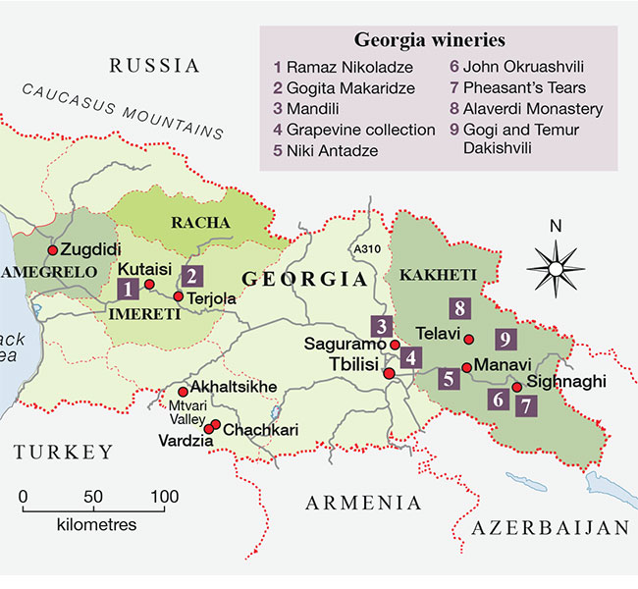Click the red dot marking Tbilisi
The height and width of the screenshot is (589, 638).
pyautogui.click(x=389, y=374)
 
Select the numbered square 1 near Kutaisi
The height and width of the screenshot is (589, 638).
pyautogui.click(x=127, y=289)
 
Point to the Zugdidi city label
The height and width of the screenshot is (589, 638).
pyautogui.click(x=92, y=249)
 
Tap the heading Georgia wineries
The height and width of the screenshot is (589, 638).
pyautogui.click(x=429, y=42)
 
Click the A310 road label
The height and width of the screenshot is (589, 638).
pyautogui.click(x=365, y=249)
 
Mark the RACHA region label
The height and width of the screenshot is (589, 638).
pyautogui.click(x=200, y=223)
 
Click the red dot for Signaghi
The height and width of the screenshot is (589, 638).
pyautogui.click(x=516, y=388)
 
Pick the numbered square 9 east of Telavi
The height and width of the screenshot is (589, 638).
pyautogui.click(x=505, y=340)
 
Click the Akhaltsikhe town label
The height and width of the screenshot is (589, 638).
pyautogui.click(x=235, y=386)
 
